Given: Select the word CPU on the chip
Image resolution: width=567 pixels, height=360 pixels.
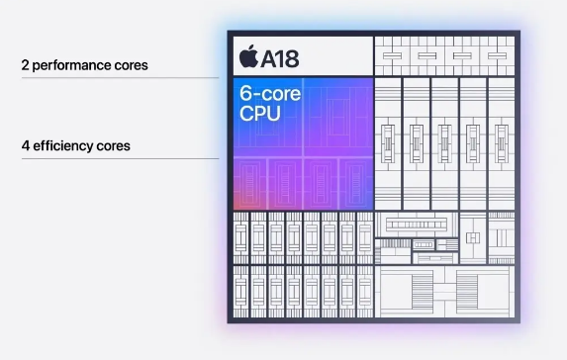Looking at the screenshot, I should pyautogui.click(x=260, y=114).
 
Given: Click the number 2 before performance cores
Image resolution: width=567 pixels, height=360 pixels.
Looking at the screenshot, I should pyautogui.click(x=25, y=65).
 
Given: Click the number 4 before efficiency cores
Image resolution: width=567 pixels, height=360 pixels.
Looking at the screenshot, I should pyautogui.click(x=25, y=145).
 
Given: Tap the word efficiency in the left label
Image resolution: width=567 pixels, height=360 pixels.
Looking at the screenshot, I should pyautogui.click(x=66, y=145).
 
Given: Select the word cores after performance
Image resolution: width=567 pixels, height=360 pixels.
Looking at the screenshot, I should pyautogui.click(x=130, y=65).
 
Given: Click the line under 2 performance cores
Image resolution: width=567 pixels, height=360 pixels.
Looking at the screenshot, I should pyautogui.click(x=119, y=77).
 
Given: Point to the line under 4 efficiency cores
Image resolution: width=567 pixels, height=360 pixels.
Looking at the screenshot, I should pyautogui.click(x=119, y=158).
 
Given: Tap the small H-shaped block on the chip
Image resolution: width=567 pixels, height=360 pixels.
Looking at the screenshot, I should pyautogui.click(x=474, y=237).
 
